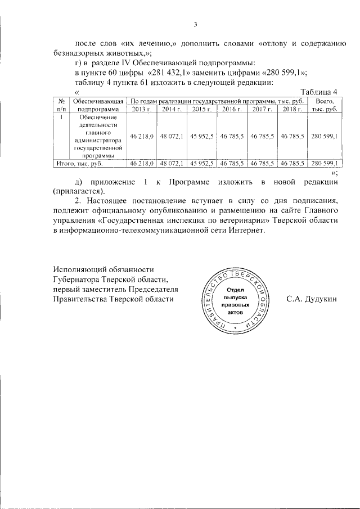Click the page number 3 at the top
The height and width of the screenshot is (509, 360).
(x=195, y=24)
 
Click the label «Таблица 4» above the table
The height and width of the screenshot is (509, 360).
(x=319, y=92)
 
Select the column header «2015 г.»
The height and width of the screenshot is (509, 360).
(x=202, y=109)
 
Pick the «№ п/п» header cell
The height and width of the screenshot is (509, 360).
(x=61, y=105)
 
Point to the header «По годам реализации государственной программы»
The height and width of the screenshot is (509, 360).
(x=217, y=100)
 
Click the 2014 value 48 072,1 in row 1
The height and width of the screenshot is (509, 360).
(x=172, y=136)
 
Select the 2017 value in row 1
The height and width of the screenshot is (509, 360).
(x=263, y=136)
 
